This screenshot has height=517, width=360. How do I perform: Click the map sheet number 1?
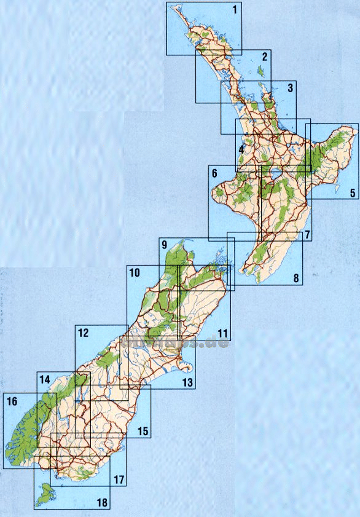point(233,10)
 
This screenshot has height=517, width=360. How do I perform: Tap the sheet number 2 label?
point(264,57)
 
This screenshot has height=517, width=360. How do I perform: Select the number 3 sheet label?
point(289,88)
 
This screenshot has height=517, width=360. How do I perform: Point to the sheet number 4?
point(242,149)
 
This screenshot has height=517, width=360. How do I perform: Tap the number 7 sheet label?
point(307,234)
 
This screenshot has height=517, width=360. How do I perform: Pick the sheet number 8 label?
point(296,279)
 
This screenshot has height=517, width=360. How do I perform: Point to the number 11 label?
point(222,334)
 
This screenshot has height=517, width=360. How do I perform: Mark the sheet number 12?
point(84,333)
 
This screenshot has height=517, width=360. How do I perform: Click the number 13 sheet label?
point(187,383)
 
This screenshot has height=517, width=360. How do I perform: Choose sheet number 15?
point(143,432)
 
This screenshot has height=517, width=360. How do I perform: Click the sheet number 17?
point(119,479)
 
